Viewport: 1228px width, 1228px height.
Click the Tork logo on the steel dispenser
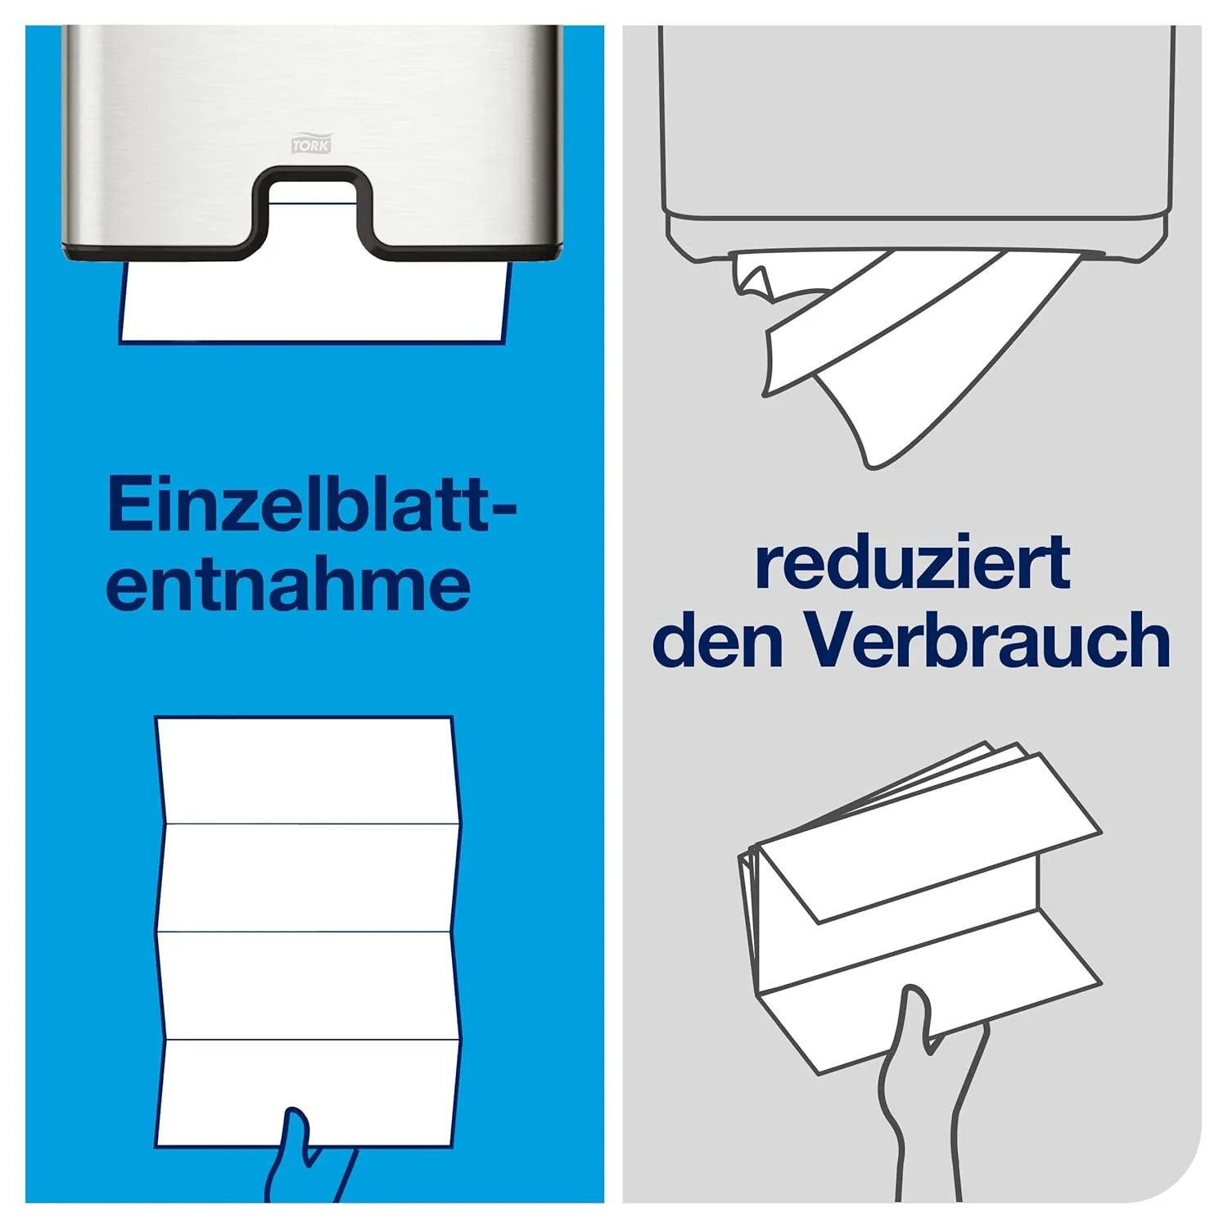311,144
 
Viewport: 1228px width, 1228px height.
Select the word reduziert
912,562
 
